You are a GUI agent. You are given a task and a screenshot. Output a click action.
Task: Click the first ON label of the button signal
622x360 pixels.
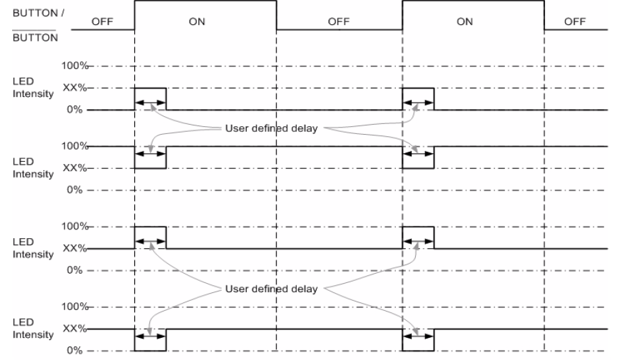click(x=197, y=21)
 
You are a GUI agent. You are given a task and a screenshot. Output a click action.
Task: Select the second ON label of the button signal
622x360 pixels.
click(x=464, y=21)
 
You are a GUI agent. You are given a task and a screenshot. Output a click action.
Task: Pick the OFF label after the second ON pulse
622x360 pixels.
click(x=574, y=21)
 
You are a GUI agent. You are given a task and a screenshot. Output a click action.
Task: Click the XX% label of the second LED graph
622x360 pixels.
click(x=74, y=168)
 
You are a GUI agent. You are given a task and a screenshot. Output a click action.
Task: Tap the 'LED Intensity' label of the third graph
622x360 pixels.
click(x=33, y=248)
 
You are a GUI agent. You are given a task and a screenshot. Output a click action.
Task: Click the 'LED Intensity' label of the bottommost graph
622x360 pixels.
click(x=33, y=329)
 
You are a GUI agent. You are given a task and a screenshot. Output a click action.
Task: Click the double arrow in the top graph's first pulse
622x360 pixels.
click(x=150, y=103)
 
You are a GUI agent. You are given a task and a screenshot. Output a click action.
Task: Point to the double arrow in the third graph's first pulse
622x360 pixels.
click(x=150, y=242)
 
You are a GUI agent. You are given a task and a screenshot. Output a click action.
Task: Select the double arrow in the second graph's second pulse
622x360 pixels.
click(x=418, y=153)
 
